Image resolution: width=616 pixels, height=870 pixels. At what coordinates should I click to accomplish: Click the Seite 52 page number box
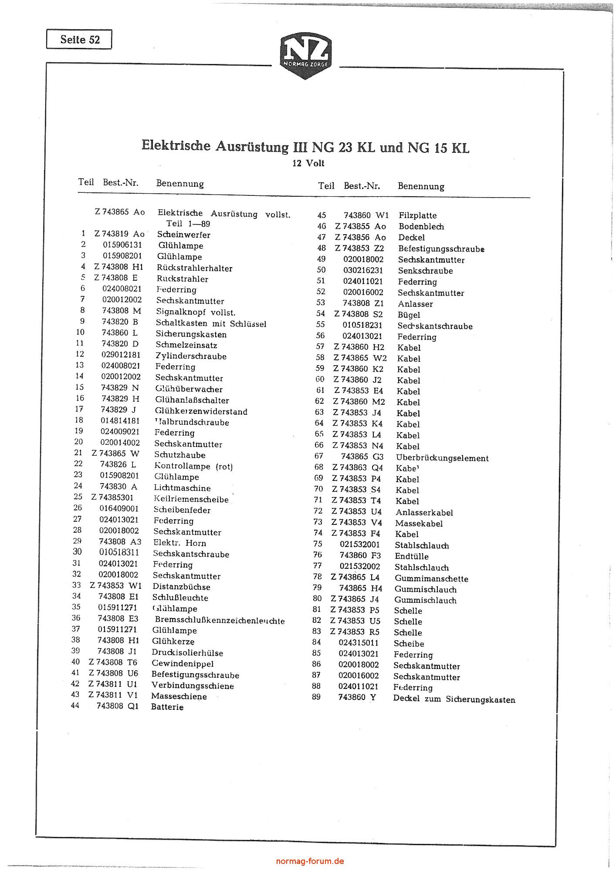pyautogui.click(x=79, y=40)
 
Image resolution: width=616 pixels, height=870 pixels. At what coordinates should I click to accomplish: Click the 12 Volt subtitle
pyautogui.click(x=308, y=164)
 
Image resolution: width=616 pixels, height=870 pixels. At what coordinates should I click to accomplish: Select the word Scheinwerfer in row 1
pyautogui.click(x=184, y=235)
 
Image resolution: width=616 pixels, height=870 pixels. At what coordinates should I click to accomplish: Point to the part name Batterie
pyautogui.click(x=167, y=707)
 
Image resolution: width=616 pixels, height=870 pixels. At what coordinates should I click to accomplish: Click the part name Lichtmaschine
pyautogui.click(x=182, y=488)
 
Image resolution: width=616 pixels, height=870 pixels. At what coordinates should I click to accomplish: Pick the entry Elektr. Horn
pyautogui.click(x=179, y=543)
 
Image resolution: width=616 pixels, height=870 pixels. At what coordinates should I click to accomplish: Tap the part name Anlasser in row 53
pyautogui.click(x=415, y=304)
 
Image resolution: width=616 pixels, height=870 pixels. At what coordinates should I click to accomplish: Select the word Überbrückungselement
pyautogui.click(x=442, y=458)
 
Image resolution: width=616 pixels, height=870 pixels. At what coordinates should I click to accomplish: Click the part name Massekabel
pyautogui.click(x=419, y=524)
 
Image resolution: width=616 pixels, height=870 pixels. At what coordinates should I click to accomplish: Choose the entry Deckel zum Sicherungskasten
pyautogui.click(x=454, y=699)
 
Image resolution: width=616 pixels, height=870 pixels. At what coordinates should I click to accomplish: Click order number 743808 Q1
pyautogui.click(x=118, y=706)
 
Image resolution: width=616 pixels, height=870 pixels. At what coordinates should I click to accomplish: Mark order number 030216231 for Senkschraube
pyautogui.click(x=363, y=270)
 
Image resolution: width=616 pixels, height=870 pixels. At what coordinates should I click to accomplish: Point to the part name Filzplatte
pyautogui.click(x=417, y=215)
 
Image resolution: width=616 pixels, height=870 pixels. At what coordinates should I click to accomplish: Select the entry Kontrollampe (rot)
pyautogui.click(x=193, y=466)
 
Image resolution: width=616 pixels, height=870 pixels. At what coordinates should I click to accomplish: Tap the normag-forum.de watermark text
pyautogui.click(x=310, y=860)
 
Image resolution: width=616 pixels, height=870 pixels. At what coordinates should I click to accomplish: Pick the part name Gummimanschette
pyautogui.click(x=431, y=578)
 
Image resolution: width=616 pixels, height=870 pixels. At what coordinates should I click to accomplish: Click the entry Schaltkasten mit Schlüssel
pyautogui.click(x=211, y=324)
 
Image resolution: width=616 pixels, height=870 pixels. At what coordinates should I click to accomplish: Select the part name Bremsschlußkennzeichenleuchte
pyautogui.click(x=220, y=621)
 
